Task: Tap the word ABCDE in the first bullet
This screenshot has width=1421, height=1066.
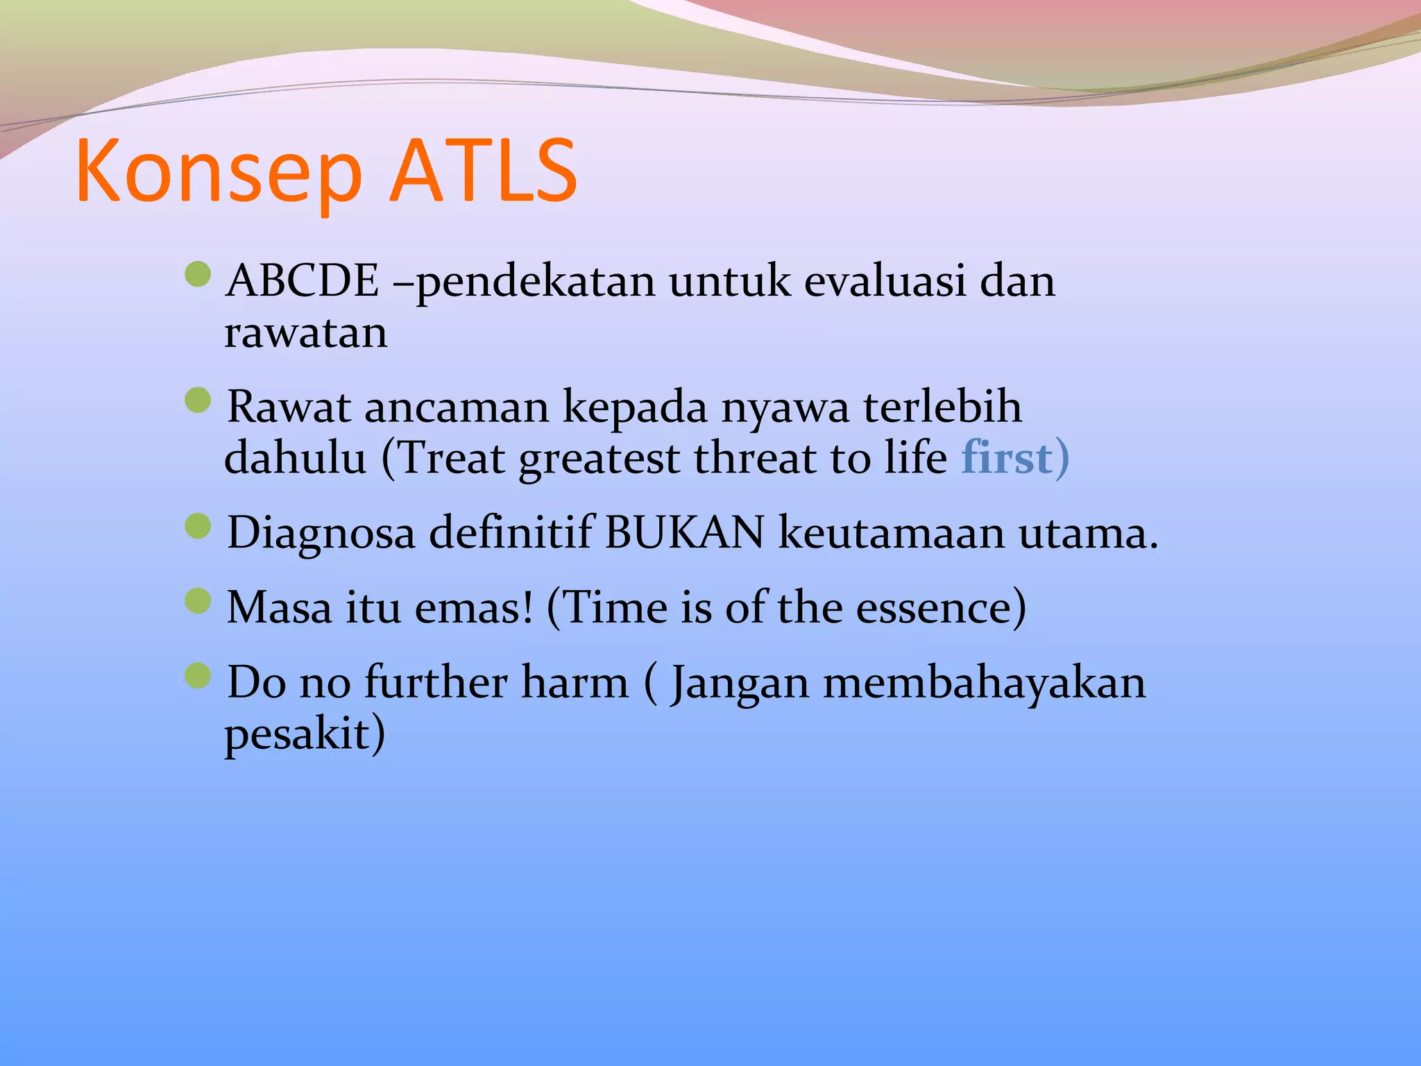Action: click(303, 282)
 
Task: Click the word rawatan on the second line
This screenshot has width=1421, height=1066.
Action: click(305, 333)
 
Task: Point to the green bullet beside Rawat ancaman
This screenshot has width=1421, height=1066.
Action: click(198, 400)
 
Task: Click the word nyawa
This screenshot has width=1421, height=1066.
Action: click(785, 407)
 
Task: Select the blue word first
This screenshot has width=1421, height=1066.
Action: click(1006, 458)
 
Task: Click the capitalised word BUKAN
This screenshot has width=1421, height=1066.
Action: click(684, 533)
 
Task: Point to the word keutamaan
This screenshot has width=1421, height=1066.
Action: click(891, 533)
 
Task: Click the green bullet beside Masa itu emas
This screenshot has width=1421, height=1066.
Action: click(198, 601)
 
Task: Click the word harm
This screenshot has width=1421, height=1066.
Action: click(575, 682)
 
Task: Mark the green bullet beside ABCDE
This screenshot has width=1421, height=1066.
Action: click(198, 274)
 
